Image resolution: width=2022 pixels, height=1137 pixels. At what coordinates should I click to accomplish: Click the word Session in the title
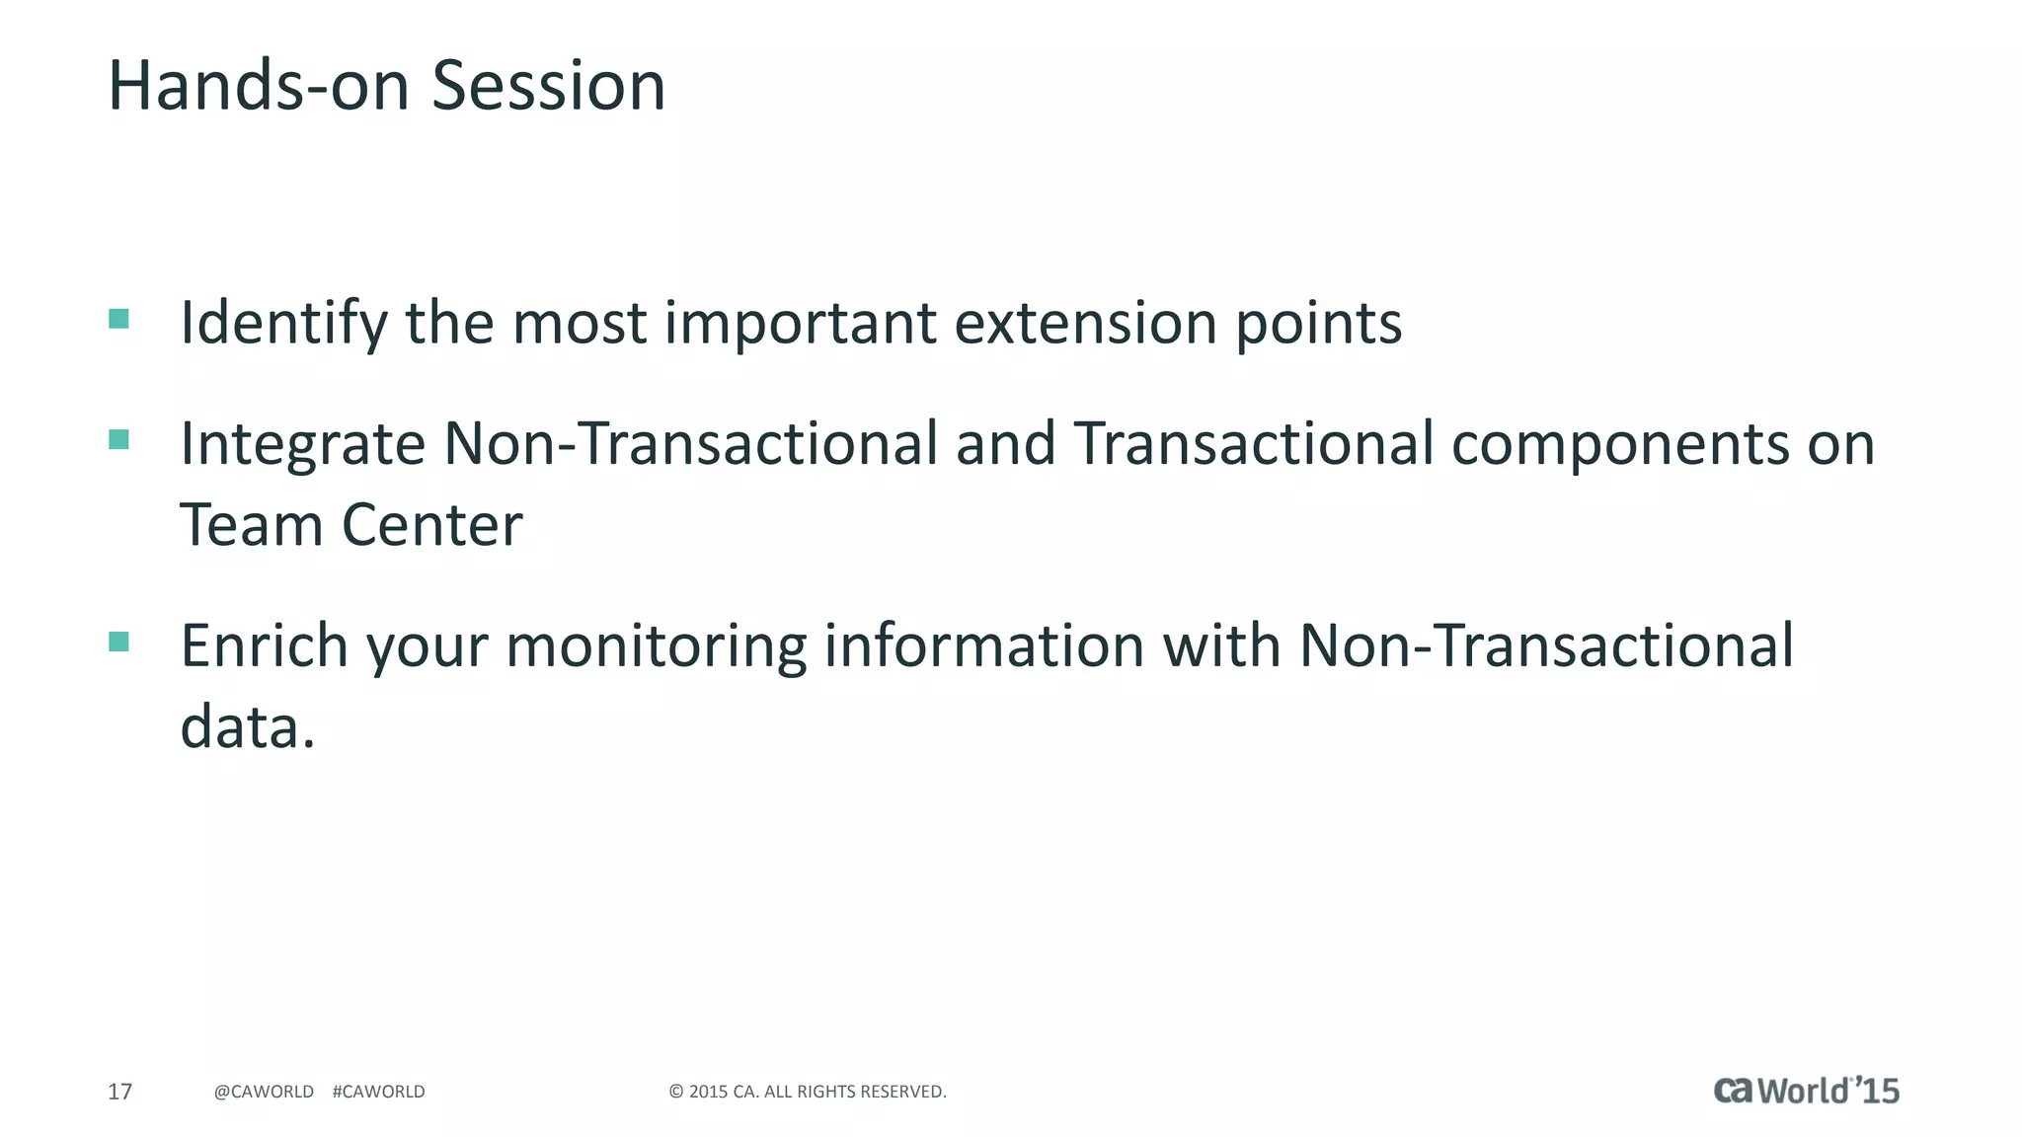point(548,86)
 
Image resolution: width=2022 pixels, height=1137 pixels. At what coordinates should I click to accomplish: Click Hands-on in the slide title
point(258,86)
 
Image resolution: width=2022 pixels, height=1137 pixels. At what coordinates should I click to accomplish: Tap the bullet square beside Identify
point(119,319)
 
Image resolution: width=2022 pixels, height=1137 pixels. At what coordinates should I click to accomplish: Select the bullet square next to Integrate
point(119,440)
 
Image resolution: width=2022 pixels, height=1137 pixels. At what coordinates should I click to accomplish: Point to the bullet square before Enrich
point(119,643)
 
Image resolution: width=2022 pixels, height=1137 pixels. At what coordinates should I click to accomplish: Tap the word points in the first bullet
point(1318,324)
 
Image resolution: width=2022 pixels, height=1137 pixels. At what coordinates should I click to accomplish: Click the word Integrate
point(302,444)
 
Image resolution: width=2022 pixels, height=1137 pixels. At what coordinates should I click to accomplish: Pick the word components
point(1619,444)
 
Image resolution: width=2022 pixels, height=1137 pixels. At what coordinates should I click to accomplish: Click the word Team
point(251,525)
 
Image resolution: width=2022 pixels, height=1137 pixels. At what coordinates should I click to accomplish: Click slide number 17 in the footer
point(119,1092)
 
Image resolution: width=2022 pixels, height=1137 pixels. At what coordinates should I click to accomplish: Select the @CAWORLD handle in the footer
point(264,1092)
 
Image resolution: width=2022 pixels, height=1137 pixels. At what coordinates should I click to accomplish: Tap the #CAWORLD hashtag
point(378,1092)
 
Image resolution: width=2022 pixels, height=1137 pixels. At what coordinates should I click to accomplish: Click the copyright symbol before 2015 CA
point(676,1092)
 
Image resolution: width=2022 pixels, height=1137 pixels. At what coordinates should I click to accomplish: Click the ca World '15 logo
point(1806,1091)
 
